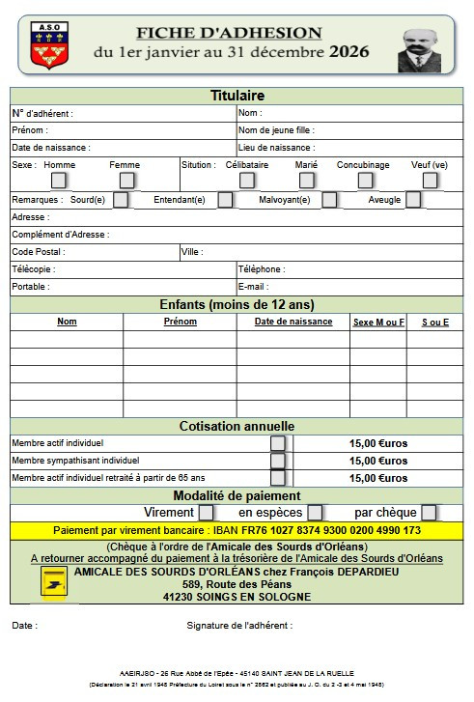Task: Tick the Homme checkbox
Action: coord(59,180)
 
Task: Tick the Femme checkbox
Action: coord(126,180)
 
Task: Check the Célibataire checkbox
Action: coord(247,180)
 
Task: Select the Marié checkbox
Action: coord(306,180)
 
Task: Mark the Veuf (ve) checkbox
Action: coord(430,180)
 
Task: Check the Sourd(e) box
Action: coord(121,200)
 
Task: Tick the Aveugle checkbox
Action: coord(413,200)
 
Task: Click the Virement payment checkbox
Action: coord(206,513)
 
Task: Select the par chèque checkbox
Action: coord(429,513)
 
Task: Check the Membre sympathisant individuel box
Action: coord(278,461)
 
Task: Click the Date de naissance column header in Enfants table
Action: coord(293,322)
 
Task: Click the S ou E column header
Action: coord(434,323)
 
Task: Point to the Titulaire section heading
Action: coord(237,96)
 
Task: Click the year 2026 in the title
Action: coord(349,51)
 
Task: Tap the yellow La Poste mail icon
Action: coord(53,583)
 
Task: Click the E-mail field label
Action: coord(252,287)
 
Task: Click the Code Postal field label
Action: coord(38,252)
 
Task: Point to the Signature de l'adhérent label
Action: coord(238,626)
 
